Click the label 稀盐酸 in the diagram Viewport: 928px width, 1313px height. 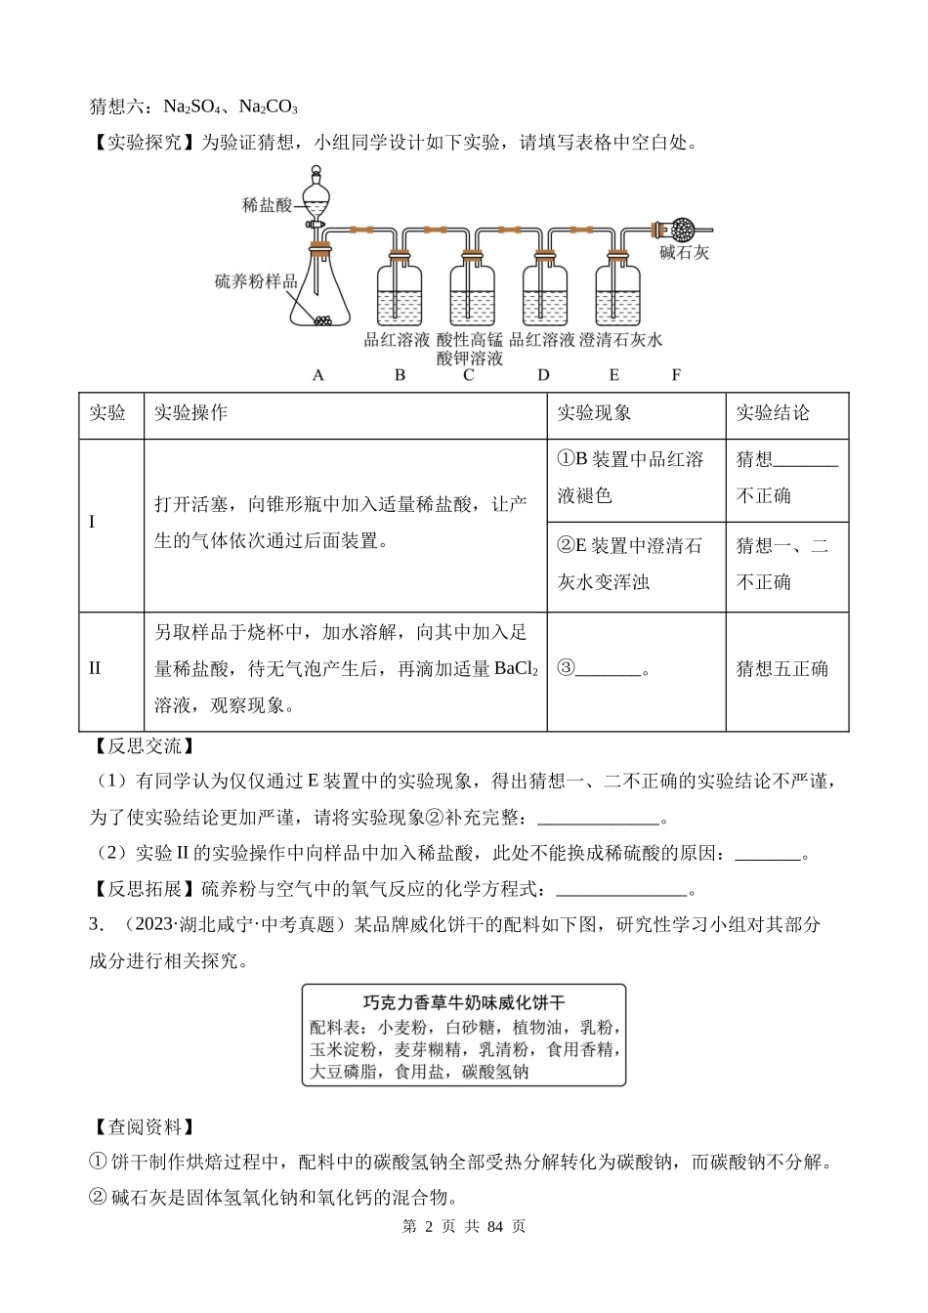tap(267, 205)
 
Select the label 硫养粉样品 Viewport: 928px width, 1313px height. tap(255, 281)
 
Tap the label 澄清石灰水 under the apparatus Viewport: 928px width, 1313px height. tap(620, 340)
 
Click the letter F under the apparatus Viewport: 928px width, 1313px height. tap(676, 375)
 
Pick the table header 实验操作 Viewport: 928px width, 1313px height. tap(190, 413)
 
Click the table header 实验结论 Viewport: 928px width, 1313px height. tap(773, 413)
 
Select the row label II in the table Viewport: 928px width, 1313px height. tap(95, 669)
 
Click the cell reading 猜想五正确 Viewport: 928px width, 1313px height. tap(781, 669)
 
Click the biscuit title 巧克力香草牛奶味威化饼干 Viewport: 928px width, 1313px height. tap(464, 1002)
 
